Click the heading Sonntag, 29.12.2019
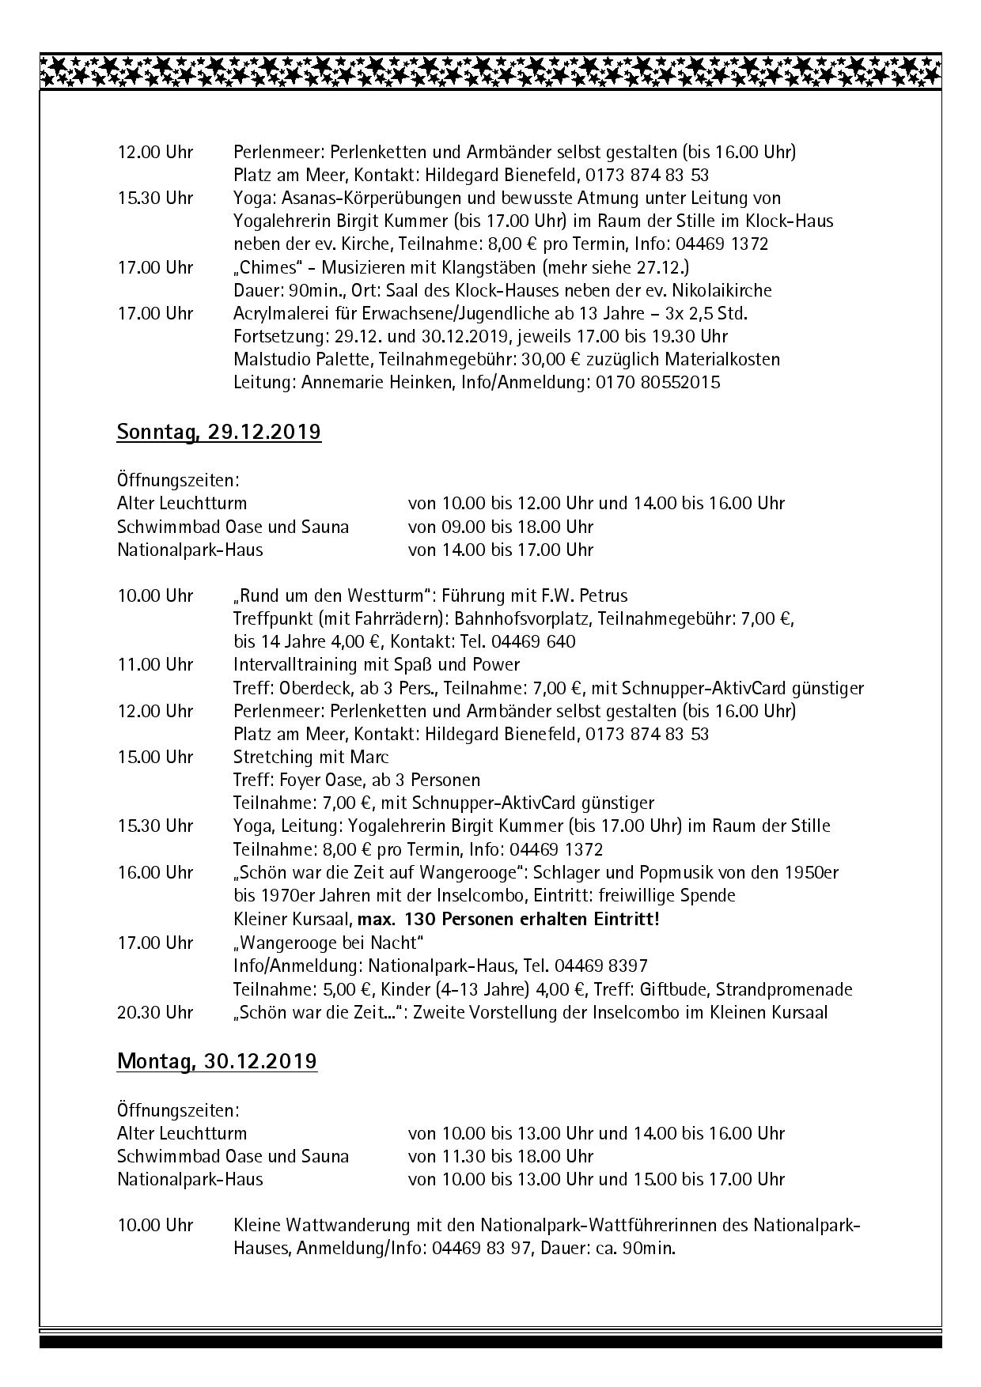point(219,433)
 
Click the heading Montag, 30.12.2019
point(217,1061)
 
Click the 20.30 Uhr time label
point(155,1012)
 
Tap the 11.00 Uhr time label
point(155,664)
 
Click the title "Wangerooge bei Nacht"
point(328,943)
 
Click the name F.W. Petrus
point(578,595)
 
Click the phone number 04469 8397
point(600,966)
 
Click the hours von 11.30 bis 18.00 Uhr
point(500,1156)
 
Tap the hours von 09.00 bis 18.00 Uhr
point(500,527)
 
